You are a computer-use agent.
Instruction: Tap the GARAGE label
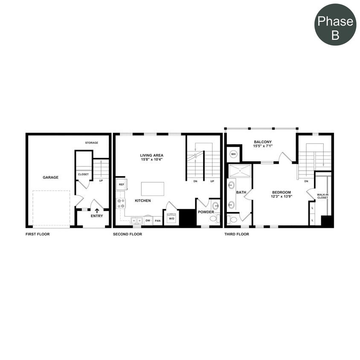click(50, 177)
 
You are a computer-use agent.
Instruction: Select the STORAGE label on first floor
click(91, 143)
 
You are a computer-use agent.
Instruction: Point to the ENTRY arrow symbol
click(97, 210)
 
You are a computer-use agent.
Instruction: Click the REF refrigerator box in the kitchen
click(121, 185)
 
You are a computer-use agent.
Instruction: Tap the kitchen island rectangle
click(153, 188)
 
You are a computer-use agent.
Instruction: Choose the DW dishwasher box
click(148, 221)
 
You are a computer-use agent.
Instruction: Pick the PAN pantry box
click(158, 221)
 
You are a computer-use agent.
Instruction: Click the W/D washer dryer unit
click(171, 218)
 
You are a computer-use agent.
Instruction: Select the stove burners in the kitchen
click(121, 203)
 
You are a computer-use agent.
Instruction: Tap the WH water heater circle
click(234, 154)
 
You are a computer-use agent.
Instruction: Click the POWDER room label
click(206, 212)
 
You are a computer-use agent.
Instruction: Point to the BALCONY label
click(263, 142)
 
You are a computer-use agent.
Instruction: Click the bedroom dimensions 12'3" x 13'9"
click(282, 197)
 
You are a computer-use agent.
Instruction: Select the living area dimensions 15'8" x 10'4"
click(152, 160)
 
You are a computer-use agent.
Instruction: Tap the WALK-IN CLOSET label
click(322, 196)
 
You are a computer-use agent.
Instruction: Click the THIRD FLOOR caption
click(237, 234)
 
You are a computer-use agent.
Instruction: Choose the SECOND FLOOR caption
click(128, 234)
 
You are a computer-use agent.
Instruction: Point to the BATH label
click(241, 192)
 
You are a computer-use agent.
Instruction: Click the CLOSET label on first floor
click(83, 174)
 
